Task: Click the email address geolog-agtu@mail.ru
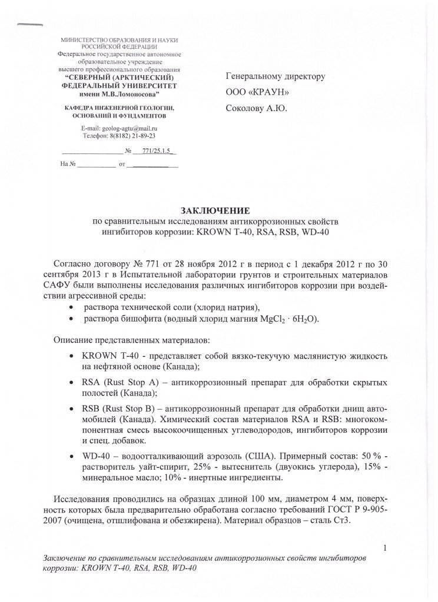tap(131, 128)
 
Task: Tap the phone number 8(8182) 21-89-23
tap(130, 135)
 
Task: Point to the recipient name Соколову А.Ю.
tap(257, 108)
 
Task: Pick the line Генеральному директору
tap(276, 76)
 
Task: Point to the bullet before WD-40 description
tap(71, 456)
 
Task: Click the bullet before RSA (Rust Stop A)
tap(71, 383)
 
